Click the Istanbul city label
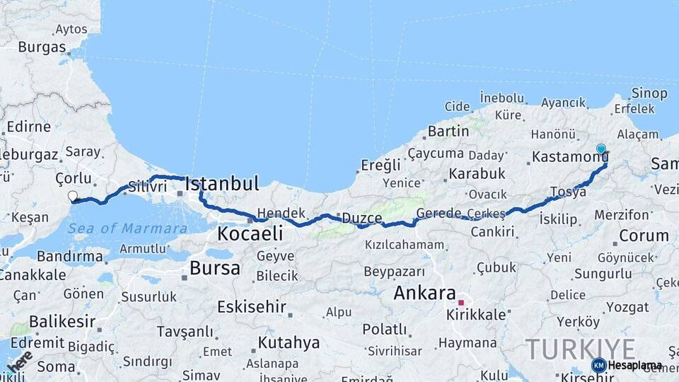coord(222,185)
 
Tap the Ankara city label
coord(424,293)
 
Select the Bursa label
coord(215,268)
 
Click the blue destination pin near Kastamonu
coord(601,149)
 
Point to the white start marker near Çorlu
coord(73,196)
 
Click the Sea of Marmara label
coord(128,228)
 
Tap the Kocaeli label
coord(250,233)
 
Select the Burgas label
coord(42,47)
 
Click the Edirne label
coord(28,127)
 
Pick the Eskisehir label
coord(251,307)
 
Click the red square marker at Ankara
coord(461,302)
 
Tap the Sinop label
coord(649,93)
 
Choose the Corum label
coord(644,236)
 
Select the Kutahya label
coord(289,343)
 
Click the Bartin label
coord(448,131)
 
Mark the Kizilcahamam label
coord(405,245)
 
